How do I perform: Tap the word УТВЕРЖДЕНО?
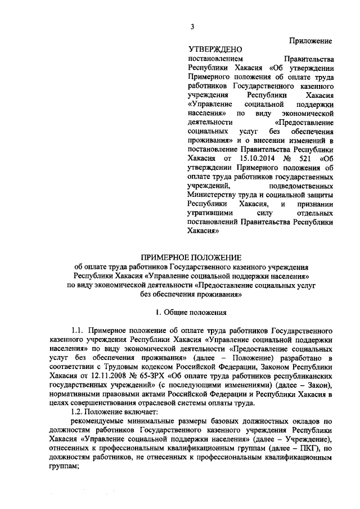click(x=211, y=50)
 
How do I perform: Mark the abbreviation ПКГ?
click(x=305, y=448)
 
